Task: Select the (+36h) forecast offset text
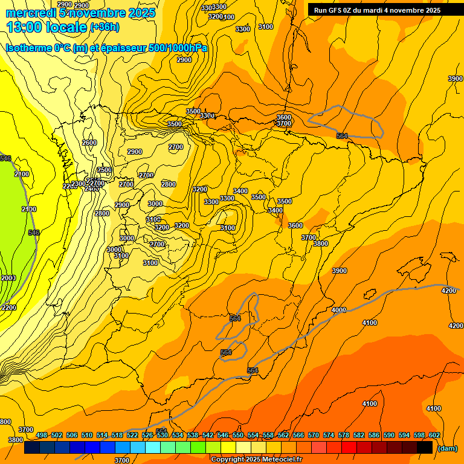tap(105, 27)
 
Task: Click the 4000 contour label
tap(339, 310)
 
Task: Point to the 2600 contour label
tap(89, 143)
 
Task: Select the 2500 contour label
tap(105, 170)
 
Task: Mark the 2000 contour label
tap(8, 278)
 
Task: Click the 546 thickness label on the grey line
tap(5, 159)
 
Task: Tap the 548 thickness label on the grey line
tap(34, 233)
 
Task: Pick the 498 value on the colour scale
tap(42, 435)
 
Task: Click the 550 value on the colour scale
tap(238, 435)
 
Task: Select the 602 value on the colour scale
tap(434, 435)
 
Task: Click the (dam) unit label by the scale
tap(448, 448)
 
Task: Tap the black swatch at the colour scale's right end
tap(425, 448)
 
